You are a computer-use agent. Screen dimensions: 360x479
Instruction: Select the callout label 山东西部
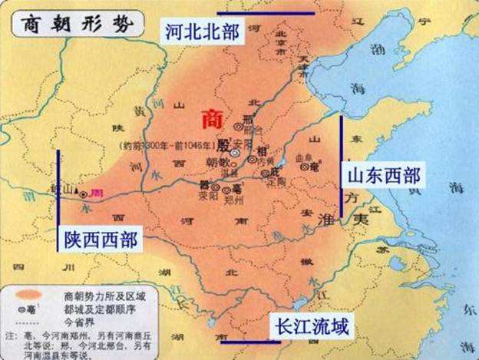382,175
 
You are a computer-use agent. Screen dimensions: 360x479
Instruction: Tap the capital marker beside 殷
235,153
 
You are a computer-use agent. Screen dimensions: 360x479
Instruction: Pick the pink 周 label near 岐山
97,193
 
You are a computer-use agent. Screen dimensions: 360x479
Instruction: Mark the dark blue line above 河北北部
265,13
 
